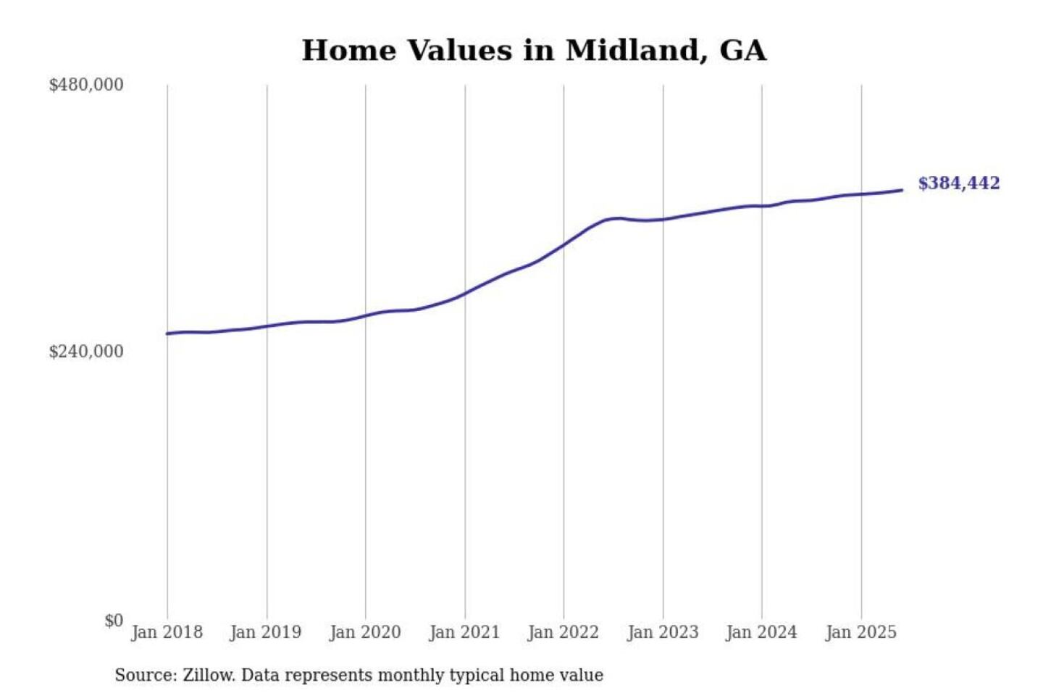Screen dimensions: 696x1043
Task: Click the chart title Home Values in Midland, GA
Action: click(534, 51)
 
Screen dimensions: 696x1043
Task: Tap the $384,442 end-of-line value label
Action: click(958, 183)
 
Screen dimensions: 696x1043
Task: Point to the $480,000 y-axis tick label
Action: click(86, 85)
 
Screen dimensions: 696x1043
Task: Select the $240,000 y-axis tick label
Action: click(86, 352)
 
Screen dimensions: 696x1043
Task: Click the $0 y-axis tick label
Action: click(114, 621)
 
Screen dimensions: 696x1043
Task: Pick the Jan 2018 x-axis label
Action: click(167, 632)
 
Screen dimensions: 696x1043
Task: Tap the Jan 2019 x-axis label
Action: click(266, 632)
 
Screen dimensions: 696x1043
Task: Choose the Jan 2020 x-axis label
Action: click(365, 632)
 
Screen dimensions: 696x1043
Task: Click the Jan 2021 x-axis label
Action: click(464, 632)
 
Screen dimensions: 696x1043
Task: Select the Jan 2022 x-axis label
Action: click(564, 632)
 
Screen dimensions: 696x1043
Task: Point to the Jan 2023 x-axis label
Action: click(663, 632)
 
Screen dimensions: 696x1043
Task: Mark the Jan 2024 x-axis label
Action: click(761, 632)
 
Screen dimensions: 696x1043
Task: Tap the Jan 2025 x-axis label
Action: click(861, 632)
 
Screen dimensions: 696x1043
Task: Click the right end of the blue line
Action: click(902, 190)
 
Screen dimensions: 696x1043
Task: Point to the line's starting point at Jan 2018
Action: click(167, 333)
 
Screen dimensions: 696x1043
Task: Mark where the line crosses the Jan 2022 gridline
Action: click(564, 245)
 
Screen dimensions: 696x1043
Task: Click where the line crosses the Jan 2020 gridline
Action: click(366, 315)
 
